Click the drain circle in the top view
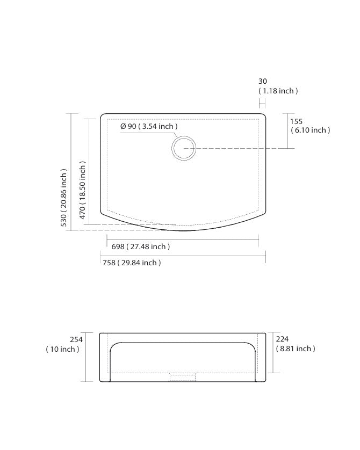point(184,136)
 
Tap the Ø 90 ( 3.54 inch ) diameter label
point(149,126)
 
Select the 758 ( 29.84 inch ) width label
point(132,263)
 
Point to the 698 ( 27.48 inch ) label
point(141,246)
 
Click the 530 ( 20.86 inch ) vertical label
point(63,198)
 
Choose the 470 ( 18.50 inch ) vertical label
point(82,190)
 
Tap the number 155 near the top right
point(296,121)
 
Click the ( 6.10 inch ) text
point(311,130)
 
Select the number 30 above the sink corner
point(263,81)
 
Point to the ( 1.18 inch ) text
point(278,91)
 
